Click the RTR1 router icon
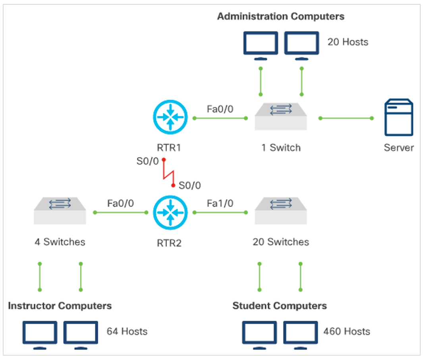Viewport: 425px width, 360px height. (170, 117)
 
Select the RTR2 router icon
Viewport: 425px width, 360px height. (170, 212)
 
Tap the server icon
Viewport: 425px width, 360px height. (398, 117)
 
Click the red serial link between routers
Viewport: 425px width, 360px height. (168, 173)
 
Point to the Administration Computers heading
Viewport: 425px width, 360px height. (280, 17)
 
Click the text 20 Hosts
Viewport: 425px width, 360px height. (348, 42)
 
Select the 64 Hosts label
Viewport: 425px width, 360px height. (127, 331)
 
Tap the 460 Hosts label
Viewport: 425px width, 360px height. (346, 331)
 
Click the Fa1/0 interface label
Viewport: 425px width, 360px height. (220, 204)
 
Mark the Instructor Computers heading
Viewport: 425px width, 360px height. (60, 306)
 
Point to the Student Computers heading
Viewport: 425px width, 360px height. (280, 306)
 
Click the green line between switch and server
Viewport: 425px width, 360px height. (346, 118)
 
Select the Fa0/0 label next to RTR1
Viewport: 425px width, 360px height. (220, 109)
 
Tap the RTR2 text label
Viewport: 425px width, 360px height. (169, 243)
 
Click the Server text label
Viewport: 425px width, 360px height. (398, 148)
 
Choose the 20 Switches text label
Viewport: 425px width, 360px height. (280, 242)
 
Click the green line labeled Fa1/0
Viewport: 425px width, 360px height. (220, 213)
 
